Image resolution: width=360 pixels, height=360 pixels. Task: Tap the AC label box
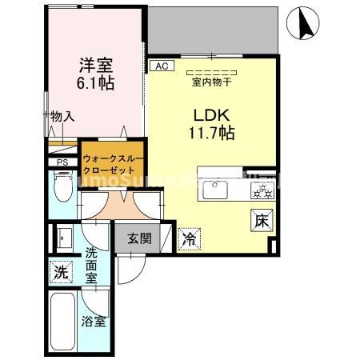[x=160, y=66]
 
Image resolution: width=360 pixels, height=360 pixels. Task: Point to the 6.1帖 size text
[x=94, y=84]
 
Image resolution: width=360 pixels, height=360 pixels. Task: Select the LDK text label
[x=210, y=114]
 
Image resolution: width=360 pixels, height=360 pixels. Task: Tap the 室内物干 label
[x=210, y=81]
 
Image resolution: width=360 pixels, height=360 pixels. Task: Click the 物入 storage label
[x=62, y=117]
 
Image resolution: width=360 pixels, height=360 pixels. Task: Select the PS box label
[x=62, y=162]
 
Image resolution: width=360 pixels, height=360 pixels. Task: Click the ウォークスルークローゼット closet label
[x=113, y=164]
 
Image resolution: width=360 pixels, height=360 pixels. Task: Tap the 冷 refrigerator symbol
[x=190, y=238]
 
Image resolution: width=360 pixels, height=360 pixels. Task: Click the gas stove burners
[x=260, y=190]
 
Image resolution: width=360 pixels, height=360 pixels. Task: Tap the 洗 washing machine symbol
[x=60, y=271]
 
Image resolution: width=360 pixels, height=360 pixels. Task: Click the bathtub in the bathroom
[x=63, y=322]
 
